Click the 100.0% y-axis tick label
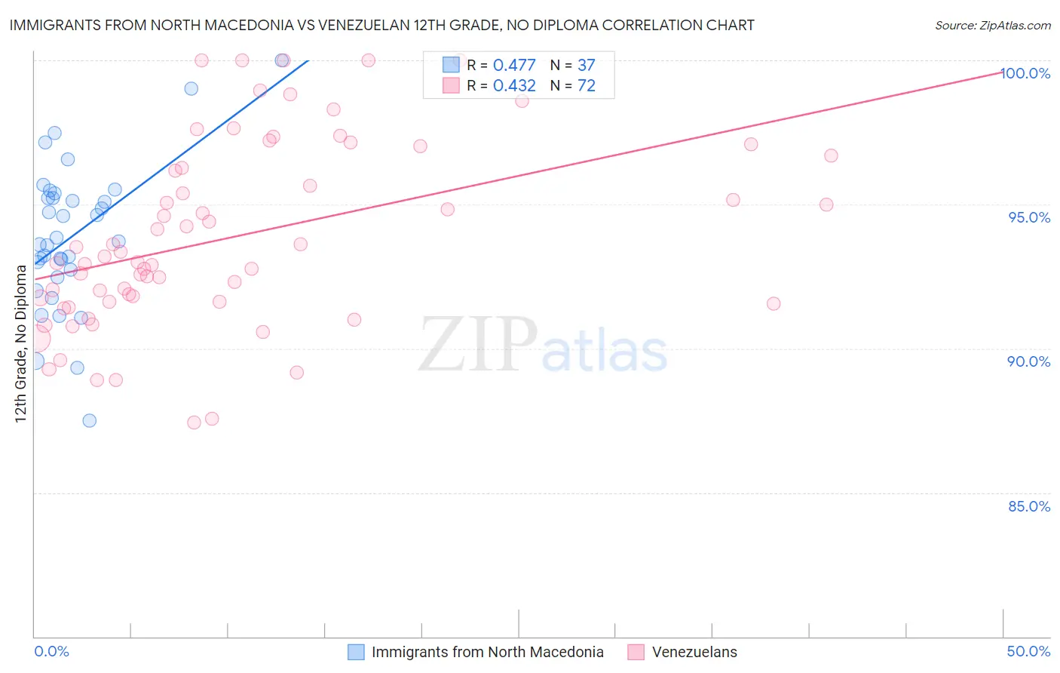1025,73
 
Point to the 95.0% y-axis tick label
1029,217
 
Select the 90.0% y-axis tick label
1029,361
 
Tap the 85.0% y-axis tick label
1029,506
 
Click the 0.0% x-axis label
51,651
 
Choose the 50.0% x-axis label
1028,651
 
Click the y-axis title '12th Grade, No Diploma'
20,343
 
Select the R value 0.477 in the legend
514,66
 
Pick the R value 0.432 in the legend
514,86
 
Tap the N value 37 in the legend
586,66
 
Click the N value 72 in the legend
586,86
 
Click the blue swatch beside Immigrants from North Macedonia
356,652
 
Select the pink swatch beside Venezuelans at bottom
636,652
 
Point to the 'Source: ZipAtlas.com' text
992,26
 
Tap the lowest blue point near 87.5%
90,420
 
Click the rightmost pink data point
831,155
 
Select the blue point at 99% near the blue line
191,88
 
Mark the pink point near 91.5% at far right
774,303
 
